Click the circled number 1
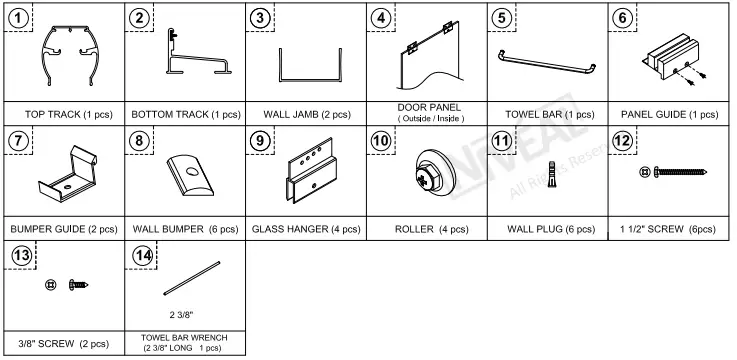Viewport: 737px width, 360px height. click(x=19, y=17)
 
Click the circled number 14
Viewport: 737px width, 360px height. click(x=141, y=256)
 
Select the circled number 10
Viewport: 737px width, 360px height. click(x=381, y=140)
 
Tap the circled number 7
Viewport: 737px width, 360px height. click(x=19, y=140)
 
